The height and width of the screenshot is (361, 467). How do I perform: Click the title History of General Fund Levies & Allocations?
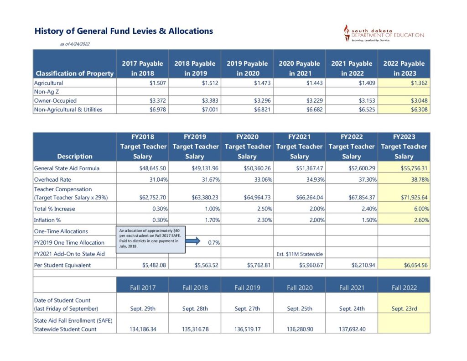[x=124, y=31]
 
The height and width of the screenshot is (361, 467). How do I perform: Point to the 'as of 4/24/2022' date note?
[x=75, y=44]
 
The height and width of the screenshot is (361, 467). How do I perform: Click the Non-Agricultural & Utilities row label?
[x=68, y=110]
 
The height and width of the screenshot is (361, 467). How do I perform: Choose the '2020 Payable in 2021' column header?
[x=299, y=68]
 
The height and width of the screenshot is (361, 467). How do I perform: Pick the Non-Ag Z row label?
[x=44, y=92]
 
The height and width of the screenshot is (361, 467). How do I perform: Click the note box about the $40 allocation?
[x=151, y=238]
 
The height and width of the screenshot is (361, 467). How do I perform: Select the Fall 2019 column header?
[x=247, y=288]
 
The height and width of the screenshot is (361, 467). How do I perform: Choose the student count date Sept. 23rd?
[x=404, y=309]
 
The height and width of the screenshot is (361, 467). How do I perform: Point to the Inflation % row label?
[x=48, y=220]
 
